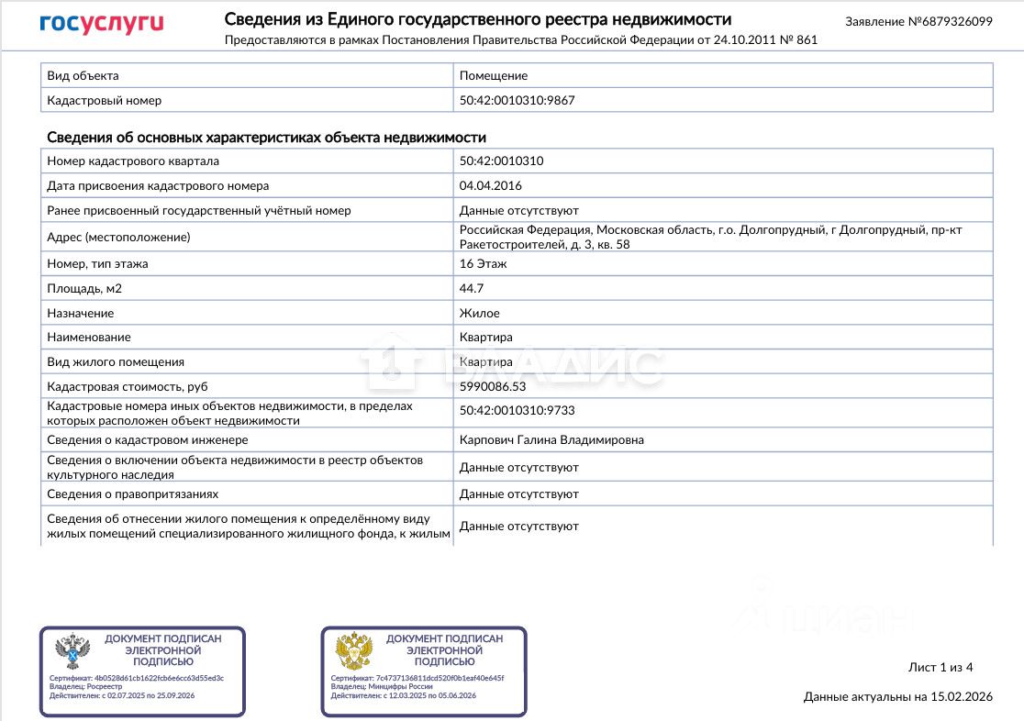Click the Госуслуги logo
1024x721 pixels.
[101, 24]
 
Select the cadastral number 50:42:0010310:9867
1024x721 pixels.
[517, 100]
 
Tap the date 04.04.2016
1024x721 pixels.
[490, 185]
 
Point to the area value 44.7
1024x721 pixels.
[472, 288]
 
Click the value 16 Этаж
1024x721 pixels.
[483, 263]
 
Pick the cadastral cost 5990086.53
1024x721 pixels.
[493, 386]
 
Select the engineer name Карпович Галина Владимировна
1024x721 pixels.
[551, 439]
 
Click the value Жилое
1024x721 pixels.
[479, 313]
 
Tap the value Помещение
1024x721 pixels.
[493, 75]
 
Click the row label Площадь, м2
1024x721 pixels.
[84, 288]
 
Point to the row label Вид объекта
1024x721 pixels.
[83, 75]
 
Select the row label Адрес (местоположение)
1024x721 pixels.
[118, 238]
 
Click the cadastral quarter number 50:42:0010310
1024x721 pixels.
[501, 161]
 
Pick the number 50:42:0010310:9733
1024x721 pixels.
[517, 410]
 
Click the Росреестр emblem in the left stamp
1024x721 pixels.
[72, 650]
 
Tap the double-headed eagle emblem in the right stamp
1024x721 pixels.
[354, 650]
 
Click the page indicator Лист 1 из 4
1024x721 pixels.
[940, 667]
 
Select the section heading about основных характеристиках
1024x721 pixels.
[266, 137]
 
